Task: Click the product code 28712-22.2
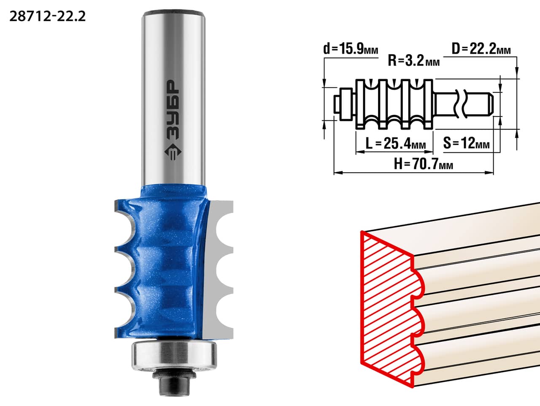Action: pyautogui.click(x=48, y=16)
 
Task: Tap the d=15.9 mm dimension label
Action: pyautogui.click(x=351, y=49)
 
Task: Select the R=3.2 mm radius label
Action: pyautogui.click(x=413, y=60)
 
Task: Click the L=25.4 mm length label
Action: pyautogui.click(x=396, y=143)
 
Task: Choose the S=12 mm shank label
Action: pyautogui.click(x=466, y=143)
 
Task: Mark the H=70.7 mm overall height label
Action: pyautogui.click(x=423, y=164)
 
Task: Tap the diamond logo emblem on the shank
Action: pyautogui.click(x=173, y=151)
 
